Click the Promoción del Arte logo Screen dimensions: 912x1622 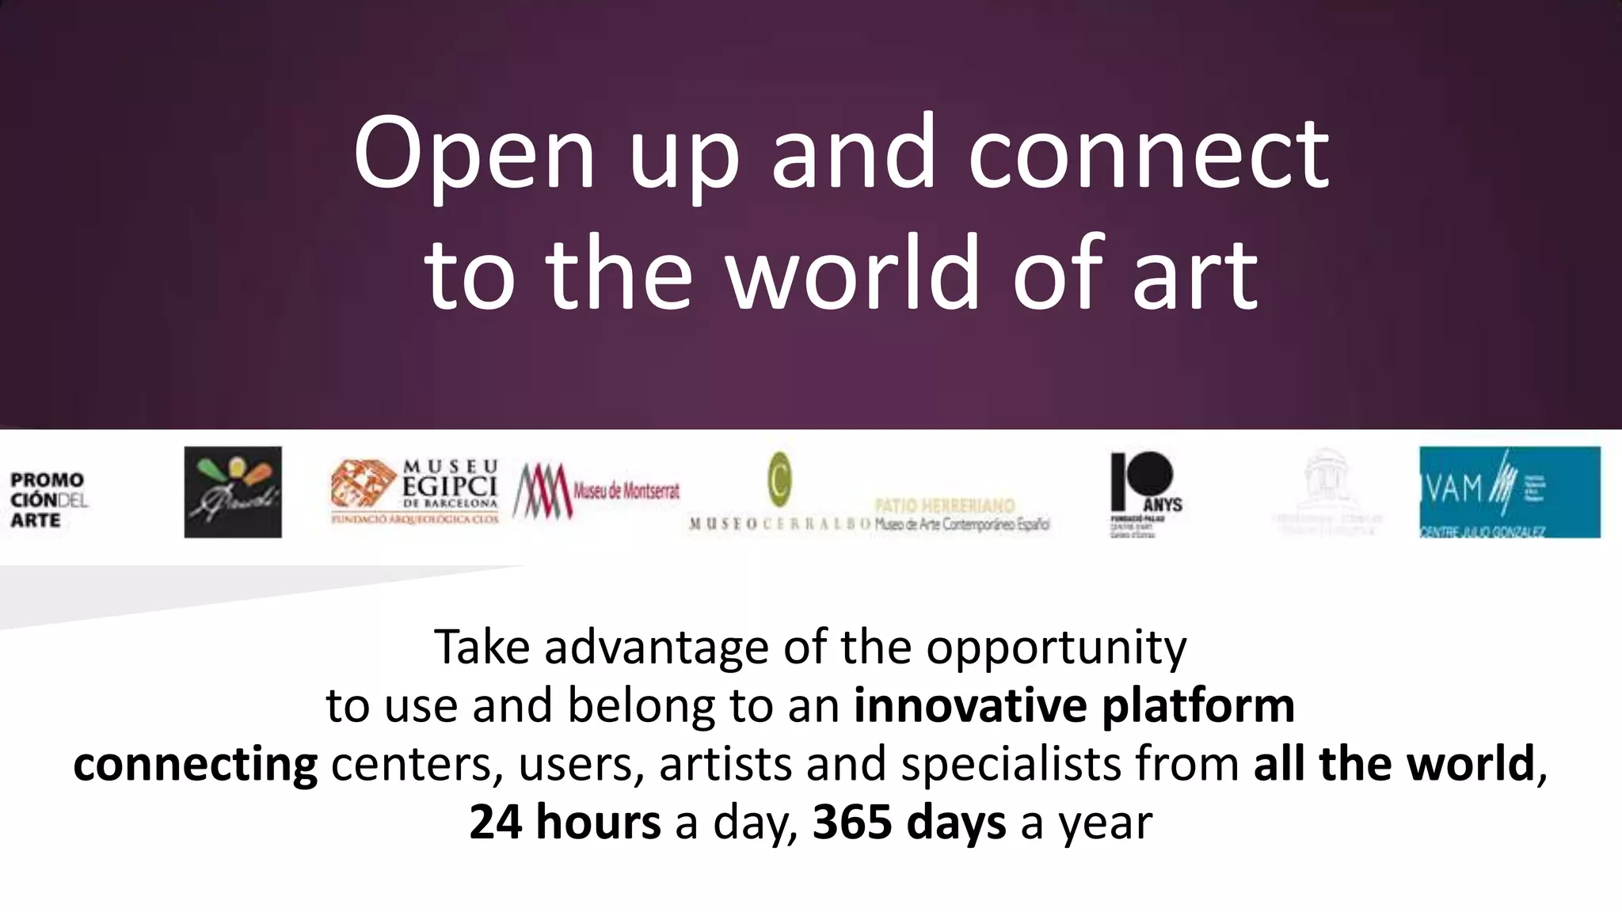[48, 500]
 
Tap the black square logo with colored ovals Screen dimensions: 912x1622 [233, 492]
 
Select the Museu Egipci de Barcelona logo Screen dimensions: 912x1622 [415, 492]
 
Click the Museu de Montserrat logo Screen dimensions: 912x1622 [596, 492]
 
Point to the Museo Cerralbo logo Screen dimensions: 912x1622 [780, 492]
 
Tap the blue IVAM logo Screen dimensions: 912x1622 [1509, 492]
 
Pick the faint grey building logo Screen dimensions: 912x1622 [1327, 492]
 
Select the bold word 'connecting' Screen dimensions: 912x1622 [196, 765]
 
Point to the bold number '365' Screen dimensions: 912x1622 [853, 823]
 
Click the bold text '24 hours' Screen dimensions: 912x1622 [565, 823]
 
